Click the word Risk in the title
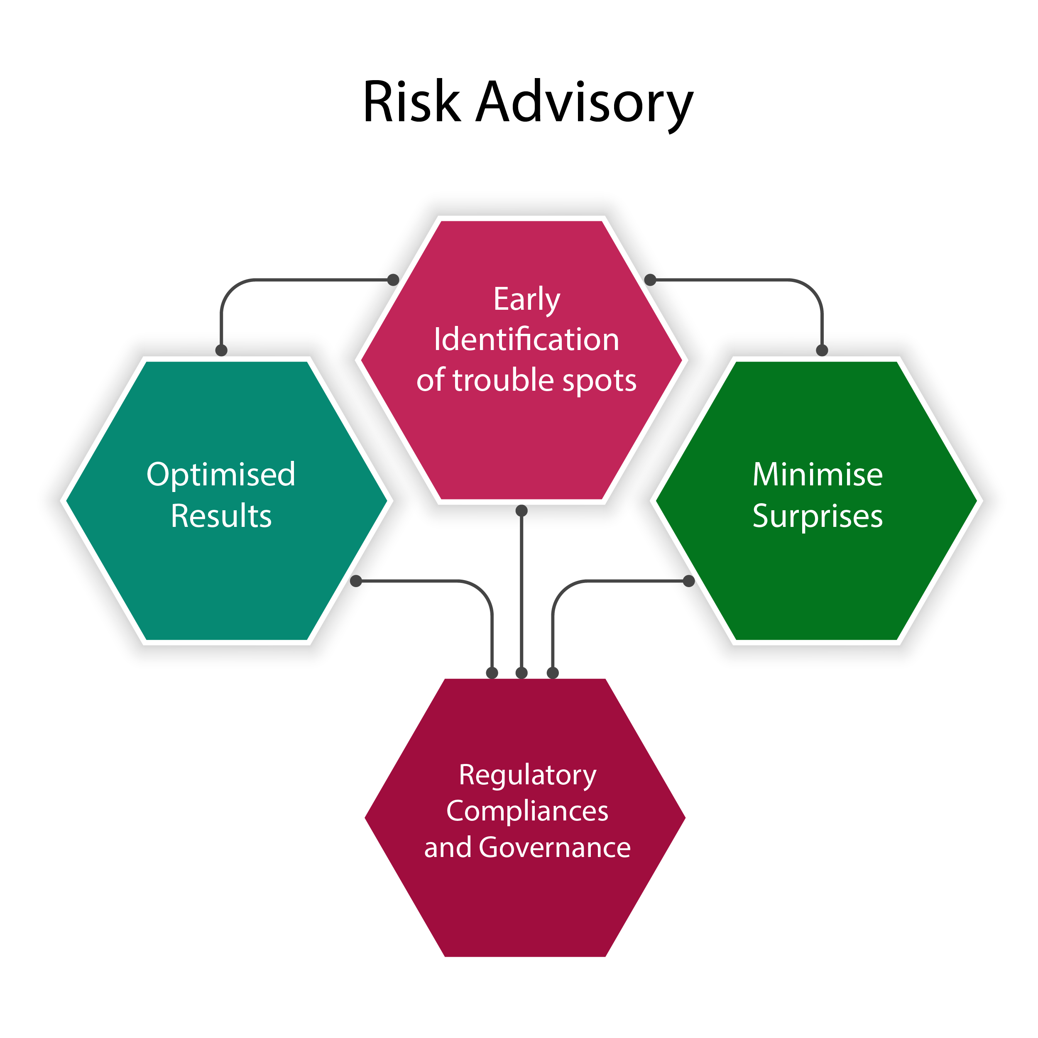pyautogui.click(x=412, y=102)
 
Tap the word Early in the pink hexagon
pyautogui.click(x=526, y=299)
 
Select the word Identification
pyautogui.click(x=526, y=340)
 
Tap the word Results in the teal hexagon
pyautogui.click(x=221, y=516)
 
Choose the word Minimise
pyautogui.click(x=817, y=475)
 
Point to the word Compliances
pyautogui.click(x=527, y=811)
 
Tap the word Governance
pyautogui.click(x=554, y=848)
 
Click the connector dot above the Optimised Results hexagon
pyautogui.click(x=221, y=350)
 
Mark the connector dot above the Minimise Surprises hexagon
pyautogui.click(x=822, y=350)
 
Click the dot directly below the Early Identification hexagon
pyautogui.click(x=521, y=510)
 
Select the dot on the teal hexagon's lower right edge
pyautogui.click(x=356, y=581)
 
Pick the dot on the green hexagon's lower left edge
pyautogui.click(x=689, y=581)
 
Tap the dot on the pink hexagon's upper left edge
pyautogui.click(x=393, y=279)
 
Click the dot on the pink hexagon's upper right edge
pyautogui.click(x=650, y=279)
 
